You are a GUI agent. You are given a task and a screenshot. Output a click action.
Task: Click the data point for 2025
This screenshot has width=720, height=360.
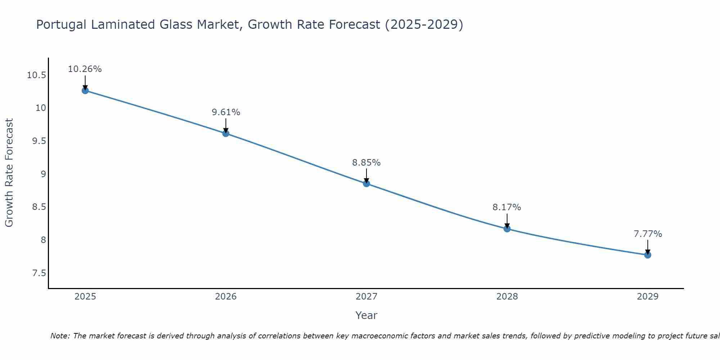85,90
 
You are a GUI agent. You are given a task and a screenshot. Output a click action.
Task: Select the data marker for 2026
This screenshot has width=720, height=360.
226,133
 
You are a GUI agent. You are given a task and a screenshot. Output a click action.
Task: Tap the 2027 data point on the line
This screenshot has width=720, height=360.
366,184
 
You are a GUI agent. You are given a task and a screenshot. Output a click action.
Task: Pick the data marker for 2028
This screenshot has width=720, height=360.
507,229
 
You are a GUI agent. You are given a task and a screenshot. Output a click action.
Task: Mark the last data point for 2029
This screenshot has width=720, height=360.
648,255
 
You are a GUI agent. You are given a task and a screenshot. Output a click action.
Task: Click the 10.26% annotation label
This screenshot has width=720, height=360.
85,69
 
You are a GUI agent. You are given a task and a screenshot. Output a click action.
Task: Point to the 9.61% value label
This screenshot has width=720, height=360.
226,112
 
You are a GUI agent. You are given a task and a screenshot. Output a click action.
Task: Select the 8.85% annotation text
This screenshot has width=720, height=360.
366,163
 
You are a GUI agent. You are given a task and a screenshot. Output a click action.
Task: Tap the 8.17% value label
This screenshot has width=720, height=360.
507,207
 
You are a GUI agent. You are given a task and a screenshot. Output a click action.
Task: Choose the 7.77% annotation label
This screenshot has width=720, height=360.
648,234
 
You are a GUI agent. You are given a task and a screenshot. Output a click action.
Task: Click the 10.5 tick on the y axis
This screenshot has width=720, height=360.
36,75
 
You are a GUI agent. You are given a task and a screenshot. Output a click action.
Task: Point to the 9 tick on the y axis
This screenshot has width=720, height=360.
43,174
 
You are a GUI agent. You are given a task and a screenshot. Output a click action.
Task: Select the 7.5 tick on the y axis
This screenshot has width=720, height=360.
39,273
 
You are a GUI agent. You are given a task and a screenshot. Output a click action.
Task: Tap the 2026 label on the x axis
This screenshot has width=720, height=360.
226,297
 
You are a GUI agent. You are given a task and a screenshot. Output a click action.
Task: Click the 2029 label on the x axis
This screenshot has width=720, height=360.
648,297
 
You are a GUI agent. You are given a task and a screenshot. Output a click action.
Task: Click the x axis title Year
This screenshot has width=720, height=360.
366,315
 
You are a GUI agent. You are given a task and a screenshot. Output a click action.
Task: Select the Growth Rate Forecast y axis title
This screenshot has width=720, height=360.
9,173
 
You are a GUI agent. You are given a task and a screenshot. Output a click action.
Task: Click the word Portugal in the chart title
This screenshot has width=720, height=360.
61,25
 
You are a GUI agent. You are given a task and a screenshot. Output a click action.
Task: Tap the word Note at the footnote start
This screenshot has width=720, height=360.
60,336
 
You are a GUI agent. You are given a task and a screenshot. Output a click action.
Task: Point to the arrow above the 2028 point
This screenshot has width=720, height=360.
507,220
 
